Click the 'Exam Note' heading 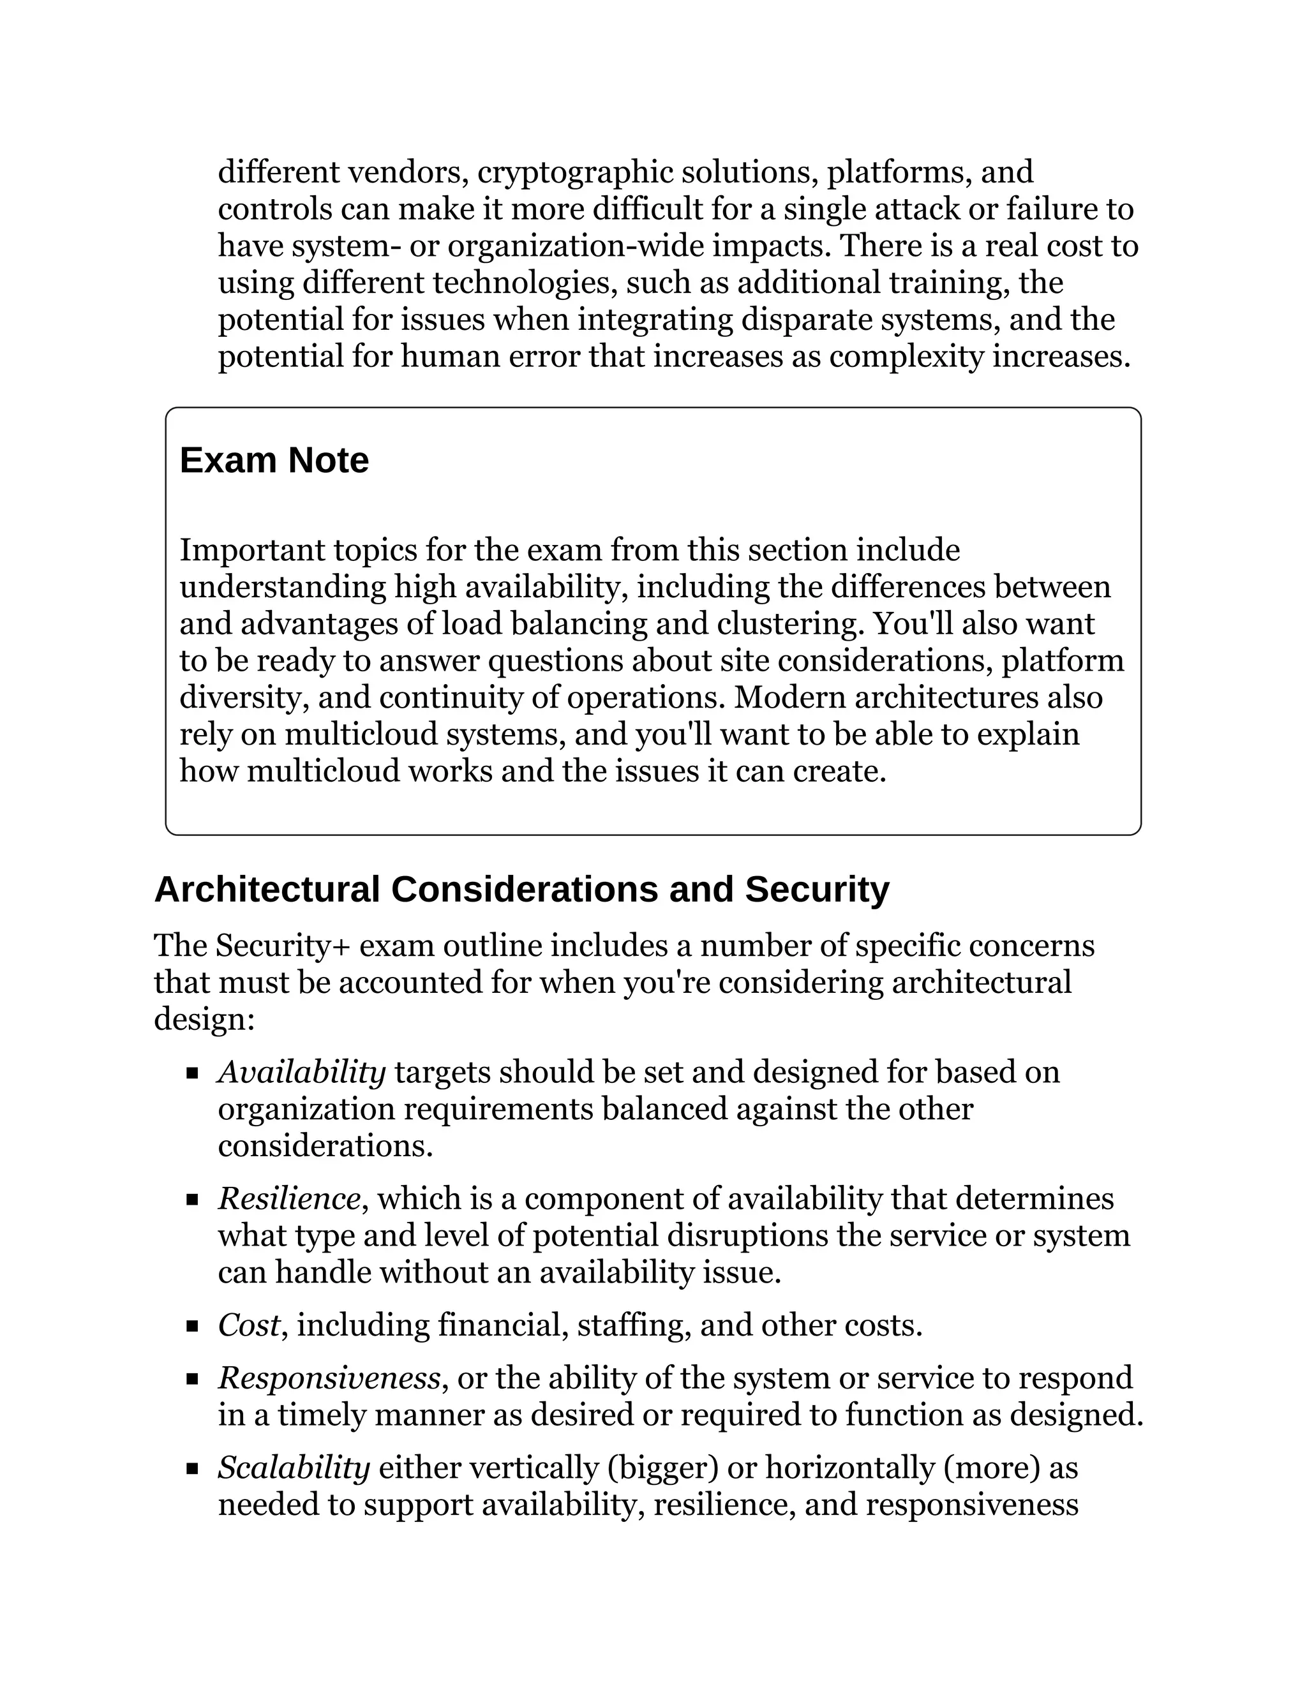click(x=274, y=461)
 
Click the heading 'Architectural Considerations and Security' click(x=521, y=889)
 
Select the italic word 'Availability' click(x=301, y=1073)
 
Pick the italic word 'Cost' click(x=248, y=1325)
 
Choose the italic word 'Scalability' click(x=294, y=1467)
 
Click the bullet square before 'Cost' click(x=193, y=1327)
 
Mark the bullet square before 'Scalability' click(x=193, y=1469)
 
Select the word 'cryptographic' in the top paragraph click(x=575, y=172)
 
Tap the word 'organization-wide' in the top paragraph click(x=575, y=246)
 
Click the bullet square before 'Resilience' click(x=193, y=1200)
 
